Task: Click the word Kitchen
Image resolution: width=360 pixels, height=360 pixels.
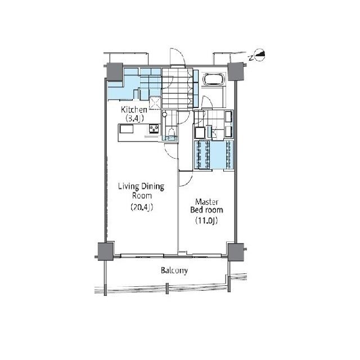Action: (x=134, y=110)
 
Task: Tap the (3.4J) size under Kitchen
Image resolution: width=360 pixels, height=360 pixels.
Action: (x=134, y=119)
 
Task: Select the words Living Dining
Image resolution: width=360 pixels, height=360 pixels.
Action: (x=141, y=186)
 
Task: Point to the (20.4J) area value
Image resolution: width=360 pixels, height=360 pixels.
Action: (x=142, y=207)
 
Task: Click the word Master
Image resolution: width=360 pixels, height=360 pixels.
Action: (x=206, y=202)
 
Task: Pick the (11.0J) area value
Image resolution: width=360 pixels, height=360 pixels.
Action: (x=206, y=220)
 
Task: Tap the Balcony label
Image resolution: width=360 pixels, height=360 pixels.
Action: (x=174, y=271)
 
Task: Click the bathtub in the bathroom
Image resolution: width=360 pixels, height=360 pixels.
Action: (x=213, y=79)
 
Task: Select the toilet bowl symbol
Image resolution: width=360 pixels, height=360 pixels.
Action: (x=171, y=133)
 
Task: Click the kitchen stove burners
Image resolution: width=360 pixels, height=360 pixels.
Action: (x=154, y=129)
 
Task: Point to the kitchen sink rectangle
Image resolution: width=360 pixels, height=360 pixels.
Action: (x=126, y=128)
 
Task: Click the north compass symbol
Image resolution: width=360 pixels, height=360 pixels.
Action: (x=260, y=55)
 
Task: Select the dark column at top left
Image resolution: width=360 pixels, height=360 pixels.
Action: (x=115, y=71)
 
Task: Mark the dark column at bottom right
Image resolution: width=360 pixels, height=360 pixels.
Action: (x=236, y=252)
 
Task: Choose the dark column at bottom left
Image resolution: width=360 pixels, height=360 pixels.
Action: (x=106, y=251)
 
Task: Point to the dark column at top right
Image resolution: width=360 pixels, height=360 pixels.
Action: (x=235, y=71)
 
